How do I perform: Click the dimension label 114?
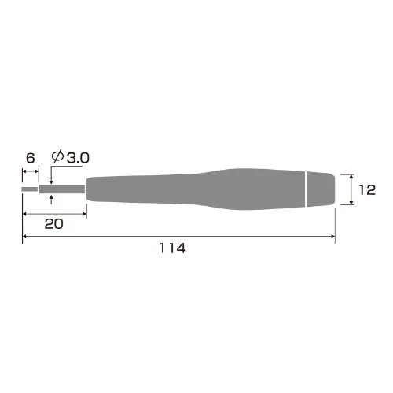coord(173,248)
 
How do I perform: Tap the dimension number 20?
coord(53,224)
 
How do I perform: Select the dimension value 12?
coord(367,190)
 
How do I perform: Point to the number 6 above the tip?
coord(31,158)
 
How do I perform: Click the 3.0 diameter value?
coord(78,158)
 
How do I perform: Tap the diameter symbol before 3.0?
coord(57,156)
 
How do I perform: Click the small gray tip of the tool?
coord(30,189)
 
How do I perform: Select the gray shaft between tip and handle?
coord(62,189)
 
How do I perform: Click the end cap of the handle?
coord(321,189)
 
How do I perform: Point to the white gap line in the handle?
coord(306,189)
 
